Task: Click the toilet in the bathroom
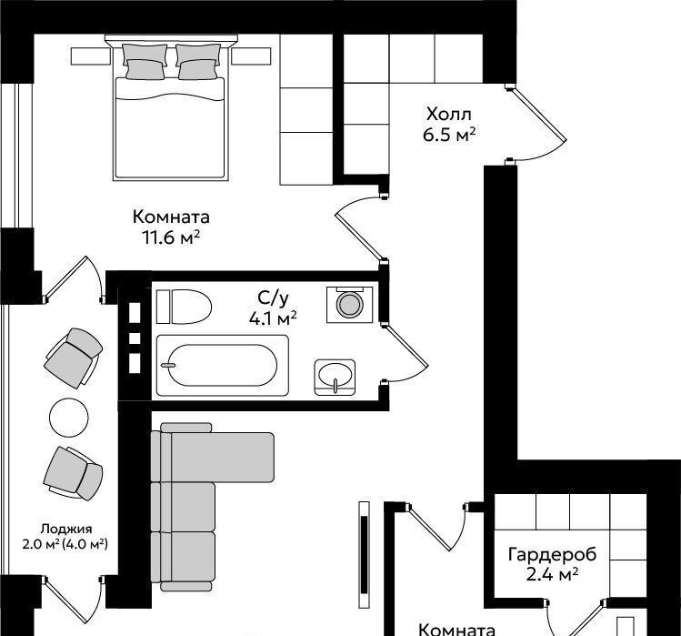(x=184, y=307)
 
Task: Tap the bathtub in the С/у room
(x=222, y=365)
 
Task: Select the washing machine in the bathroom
(x=350, y=304)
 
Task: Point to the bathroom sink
(x=335, y=377)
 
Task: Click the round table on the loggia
(x=69, y=418)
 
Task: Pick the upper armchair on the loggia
(x=74, y=358)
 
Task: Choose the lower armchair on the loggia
(x=73, y=474)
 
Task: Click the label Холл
(x=448, y=115)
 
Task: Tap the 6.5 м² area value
(x=449, y=135)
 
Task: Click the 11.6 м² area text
(x=171, y=237)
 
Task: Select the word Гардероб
(x=552, y=555)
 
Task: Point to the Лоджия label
(x=66, y=529)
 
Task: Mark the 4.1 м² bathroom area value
(x=273, y=318)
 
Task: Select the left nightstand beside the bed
(x=90, y=56)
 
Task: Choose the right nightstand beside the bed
(x=251, y=56)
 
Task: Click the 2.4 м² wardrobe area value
(x=552, y=575)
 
